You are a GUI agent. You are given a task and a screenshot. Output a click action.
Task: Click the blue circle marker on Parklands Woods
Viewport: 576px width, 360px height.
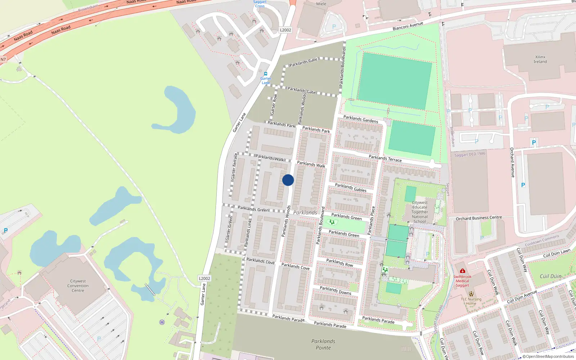tap(288, 180)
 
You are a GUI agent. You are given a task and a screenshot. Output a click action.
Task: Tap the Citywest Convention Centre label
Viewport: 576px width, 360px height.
tap(78, 286)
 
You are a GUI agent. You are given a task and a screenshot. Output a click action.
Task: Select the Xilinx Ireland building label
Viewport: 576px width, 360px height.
tap(540, 59)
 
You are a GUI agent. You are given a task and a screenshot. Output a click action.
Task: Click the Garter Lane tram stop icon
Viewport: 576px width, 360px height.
tap(266, 74)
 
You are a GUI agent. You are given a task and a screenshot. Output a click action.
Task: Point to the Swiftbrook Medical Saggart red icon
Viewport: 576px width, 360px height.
tap(462, 271)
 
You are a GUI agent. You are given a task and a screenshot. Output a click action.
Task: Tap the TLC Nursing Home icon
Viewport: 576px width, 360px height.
tap(471, 294)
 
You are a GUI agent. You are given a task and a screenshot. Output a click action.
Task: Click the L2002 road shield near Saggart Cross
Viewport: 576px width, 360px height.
tap(285, 30)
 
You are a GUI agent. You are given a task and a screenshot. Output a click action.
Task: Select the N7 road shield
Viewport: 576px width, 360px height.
tap(3, 59)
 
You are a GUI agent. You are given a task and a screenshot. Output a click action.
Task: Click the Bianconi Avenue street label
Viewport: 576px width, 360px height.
tap(408, 26)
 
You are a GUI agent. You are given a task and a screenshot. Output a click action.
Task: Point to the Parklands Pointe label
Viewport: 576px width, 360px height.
tap(323, 345)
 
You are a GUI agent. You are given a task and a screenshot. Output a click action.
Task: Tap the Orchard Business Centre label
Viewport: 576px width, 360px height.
tap(479, 218)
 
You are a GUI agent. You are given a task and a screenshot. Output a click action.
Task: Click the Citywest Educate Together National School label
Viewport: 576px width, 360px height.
tap(420, 212)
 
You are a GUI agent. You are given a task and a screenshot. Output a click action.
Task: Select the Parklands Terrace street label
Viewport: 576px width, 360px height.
tap(385, 158)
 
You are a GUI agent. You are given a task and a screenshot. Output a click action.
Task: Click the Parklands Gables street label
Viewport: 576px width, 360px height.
tap(351, 188)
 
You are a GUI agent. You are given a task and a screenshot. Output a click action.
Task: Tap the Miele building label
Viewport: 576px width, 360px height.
tap(321, 4)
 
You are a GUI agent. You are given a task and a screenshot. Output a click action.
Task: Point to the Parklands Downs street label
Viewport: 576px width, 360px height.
tap(336, 291)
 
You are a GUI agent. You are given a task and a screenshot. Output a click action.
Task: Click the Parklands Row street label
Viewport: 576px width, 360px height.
tap(339, 263)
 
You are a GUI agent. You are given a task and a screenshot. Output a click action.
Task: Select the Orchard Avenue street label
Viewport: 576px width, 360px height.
tap(512, 162)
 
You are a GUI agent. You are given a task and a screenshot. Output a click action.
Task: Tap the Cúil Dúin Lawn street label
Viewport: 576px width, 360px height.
tap(557, 253)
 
